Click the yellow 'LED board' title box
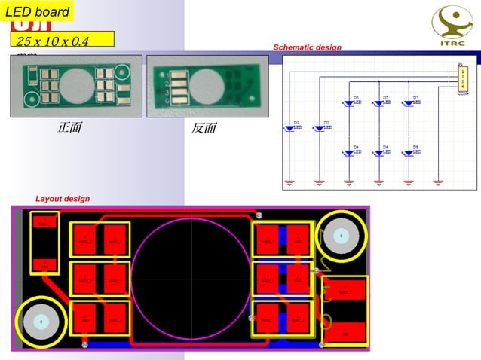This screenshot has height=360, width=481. click(x=37, y=11)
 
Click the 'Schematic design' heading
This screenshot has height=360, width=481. click(x=307, y=47)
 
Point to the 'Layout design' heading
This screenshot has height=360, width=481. click(x=63, y=199)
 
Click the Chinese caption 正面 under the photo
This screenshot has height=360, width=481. click(x=69, y=129)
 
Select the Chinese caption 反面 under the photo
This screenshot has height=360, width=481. click(x=204, y=129)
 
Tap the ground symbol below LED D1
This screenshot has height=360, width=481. click(x=291, y=182)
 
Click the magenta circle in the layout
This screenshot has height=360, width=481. click(x=191, y=276)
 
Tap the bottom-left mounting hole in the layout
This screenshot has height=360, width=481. click(x=40, y=322)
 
